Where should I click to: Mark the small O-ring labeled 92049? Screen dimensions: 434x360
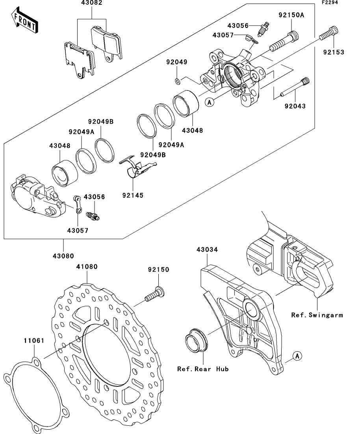pyautogui.click(x=177, y=81)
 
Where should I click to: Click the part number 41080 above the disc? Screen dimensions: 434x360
pyautogui.click(x=87, y=266)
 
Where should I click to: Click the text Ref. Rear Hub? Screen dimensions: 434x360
pyautogui.click(x=202, y=369)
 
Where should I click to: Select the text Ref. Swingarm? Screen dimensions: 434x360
pyautogui.click(x=317, y=315)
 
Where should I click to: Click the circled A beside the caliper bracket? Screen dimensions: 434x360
pyautogui.click(x=298, y=356)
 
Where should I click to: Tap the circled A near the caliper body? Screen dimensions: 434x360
pyautogui.click(x=210, y=102)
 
